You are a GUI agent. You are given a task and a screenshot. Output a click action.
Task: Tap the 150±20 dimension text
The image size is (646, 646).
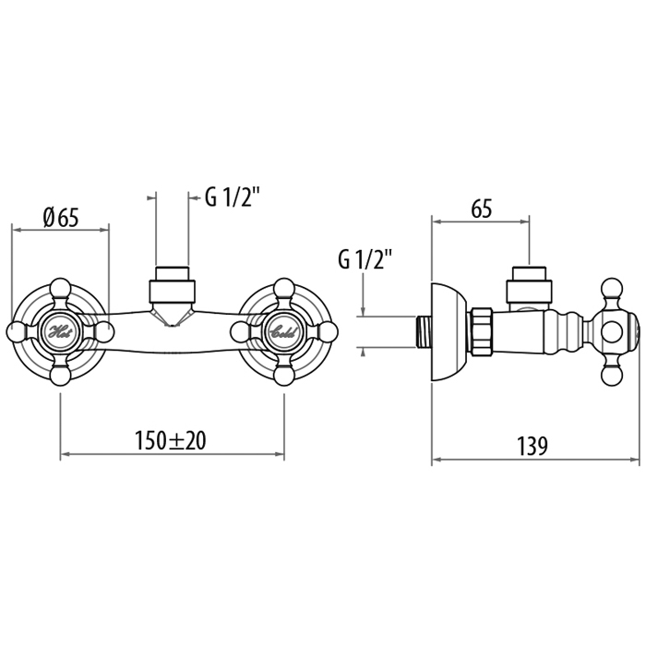coord(170,441)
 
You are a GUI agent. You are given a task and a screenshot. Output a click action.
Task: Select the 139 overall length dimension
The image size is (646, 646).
coord(532,446)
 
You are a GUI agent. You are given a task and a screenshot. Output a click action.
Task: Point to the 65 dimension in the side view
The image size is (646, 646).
coord(481,209)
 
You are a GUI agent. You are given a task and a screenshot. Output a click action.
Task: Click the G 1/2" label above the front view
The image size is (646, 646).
coord(233,197)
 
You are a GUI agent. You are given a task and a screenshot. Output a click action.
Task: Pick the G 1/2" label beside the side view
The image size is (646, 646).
coord(365,259)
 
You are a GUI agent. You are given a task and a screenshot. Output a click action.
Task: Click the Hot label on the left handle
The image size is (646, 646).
coord(61,331)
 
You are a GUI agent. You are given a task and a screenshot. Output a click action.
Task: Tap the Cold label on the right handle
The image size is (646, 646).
coord(282,331)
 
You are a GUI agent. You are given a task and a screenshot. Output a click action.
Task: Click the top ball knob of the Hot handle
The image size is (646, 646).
coord(61,288)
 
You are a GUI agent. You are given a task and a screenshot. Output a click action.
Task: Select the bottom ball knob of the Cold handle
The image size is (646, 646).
coord(284,376)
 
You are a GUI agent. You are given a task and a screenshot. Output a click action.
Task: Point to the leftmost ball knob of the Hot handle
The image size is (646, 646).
coord(17,331)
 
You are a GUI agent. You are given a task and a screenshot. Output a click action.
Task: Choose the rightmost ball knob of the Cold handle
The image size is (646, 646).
coord(328,331)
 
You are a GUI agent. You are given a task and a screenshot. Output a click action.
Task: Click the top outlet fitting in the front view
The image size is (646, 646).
coord(172,284)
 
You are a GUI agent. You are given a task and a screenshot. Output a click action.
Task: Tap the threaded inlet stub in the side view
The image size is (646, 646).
coord(422,332)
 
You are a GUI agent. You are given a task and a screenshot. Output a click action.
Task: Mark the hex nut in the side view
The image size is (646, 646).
coord(481,331)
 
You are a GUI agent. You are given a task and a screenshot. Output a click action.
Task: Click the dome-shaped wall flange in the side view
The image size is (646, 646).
coord(449,332)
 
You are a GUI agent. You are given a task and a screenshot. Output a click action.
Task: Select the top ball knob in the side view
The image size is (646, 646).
coord(612,288)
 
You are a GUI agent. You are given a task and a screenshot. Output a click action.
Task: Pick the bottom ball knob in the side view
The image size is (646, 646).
coord(612,377)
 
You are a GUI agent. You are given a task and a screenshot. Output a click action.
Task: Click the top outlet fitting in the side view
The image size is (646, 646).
coord(528,285)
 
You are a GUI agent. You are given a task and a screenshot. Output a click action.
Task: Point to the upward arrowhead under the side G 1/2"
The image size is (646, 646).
coord(363,352)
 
